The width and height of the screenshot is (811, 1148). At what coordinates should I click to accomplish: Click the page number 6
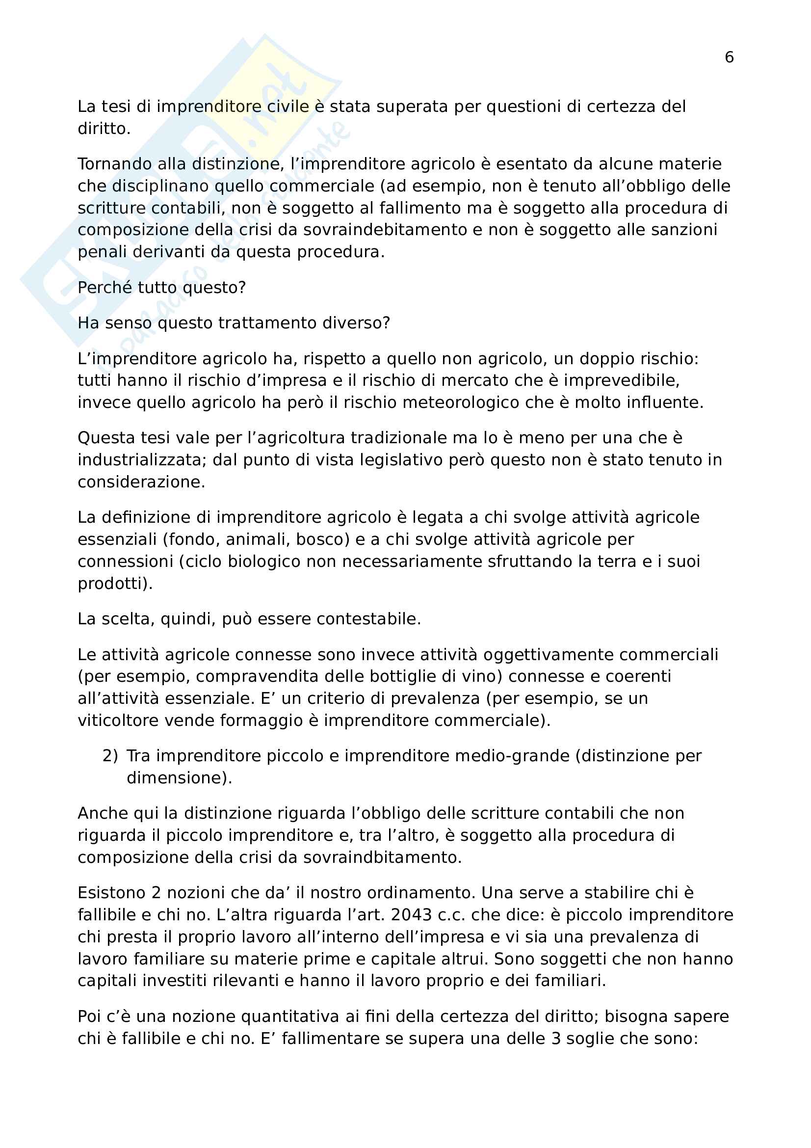[x=729, y=57]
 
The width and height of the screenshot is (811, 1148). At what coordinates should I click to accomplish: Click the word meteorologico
[x=461, y=402]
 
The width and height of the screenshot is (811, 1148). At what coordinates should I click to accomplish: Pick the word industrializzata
[x=142, y=459]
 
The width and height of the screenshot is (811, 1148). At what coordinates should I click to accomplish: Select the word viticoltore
[x=118, y=721]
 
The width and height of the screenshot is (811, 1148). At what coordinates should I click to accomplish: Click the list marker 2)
[x=110, y=756]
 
